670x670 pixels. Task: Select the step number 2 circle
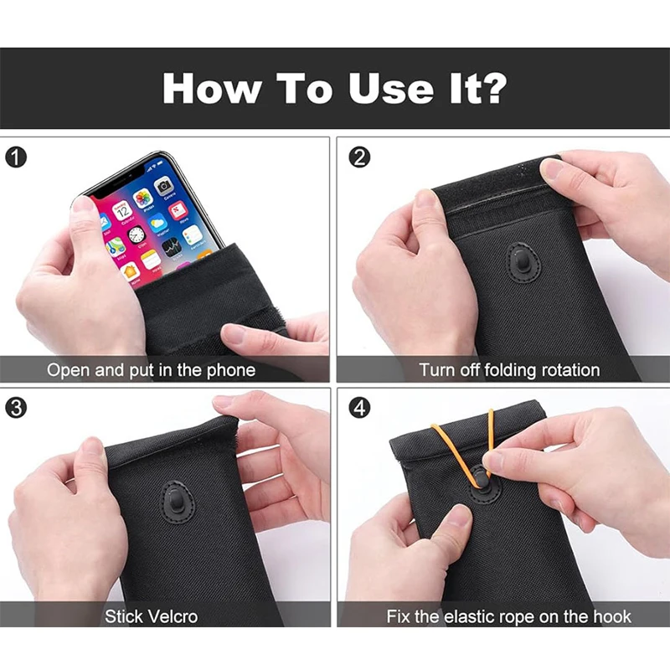click(x=359, y=157)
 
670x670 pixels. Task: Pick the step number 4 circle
click(x=359, y=408)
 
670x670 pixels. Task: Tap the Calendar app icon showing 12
click(x=122, y=209)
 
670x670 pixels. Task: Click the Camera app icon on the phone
click(x=163, y=185)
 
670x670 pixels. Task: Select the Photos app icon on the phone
click(x=143, y=198)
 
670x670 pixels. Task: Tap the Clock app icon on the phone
click(x=137, y=234)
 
